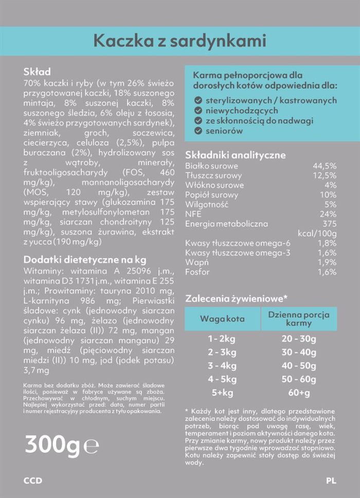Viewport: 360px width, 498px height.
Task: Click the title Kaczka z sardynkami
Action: (179, 41)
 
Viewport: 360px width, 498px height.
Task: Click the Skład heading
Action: (37, 71)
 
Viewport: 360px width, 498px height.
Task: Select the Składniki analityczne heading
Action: (235, 155)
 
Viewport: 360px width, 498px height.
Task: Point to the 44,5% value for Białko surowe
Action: (325, 166)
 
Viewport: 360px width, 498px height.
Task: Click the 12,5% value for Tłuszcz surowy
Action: (325, 176)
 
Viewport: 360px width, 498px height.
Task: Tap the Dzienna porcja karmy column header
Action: (298, 319)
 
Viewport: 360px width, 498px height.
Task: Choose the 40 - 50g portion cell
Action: (299, 365)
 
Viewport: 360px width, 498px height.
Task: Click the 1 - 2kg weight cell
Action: (222, 339)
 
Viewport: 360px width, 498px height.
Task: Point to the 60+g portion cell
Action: (299, 393)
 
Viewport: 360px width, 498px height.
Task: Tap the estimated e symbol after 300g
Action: (91, 446)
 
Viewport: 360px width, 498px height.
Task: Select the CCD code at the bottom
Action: (33, 481)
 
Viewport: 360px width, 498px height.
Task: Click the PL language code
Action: (331, 481)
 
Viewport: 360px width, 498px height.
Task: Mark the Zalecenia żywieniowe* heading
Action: (236, 298)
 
